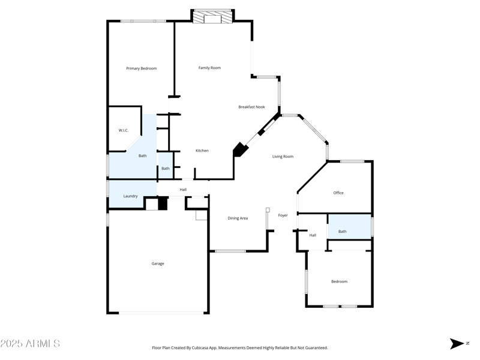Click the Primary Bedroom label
click(141, 68)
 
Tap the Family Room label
click(209, 68)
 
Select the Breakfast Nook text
click(251, 107)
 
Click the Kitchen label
click(202, 151)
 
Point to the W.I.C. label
click(124, 130)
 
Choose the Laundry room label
click(130, 196)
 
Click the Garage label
click(158, 263)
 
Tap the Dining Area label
click(238, 218)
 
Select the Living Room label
click(283, 157)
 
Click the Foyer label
click(283, 215)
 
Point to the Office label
click(338, 193)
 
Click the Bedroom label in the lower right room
click(339, 281)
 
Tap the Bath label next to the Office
click(342, 232)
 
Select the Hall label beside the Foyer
click(313, 235)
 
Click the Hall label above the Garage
click(183, 190)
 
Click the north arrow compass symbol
click(457, 344)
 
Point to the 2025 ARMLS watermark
click(30, 344)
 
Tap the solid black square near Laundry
click(162, 204)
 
